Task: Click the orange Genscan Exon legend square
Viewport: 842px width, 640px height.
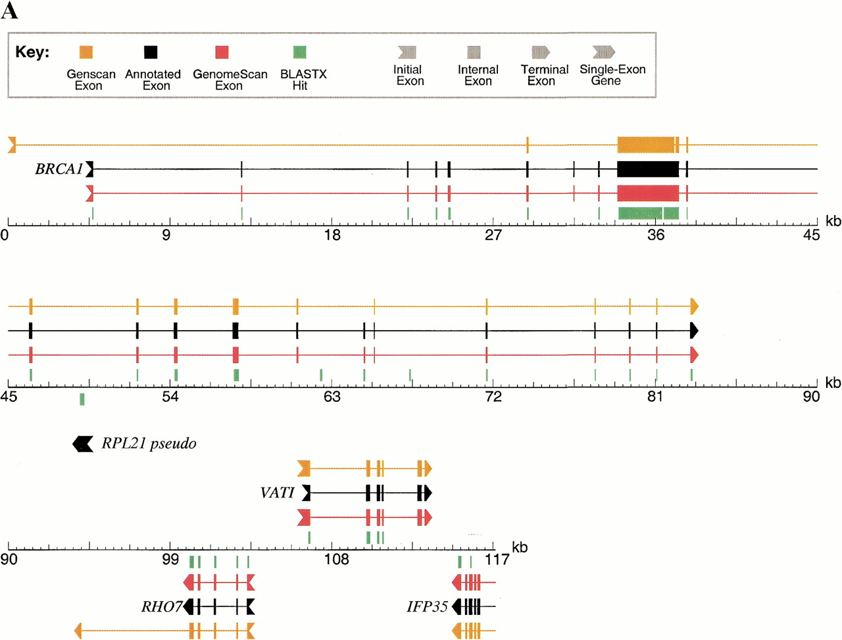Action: (86, 53)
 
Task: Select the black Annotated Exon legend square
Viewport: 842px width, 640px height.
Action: (151, 53)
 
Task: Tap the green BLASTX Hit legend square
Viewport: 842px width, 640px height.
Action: (299, 53)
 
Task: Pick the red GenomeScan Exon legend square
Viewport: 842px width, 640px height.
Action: (222, 53)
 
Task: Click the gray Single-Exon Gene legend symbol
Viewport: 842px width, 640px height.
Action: (603, 52)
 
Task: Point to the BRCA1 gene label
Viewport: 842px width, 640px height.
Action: (59, 169)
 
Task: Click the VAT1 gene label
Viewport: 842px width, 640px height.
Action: (277, 493)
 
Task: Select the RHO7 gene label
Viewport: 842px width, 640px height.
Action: (161, 606)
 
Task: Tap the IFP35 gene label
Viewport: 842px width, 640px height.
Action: (427, 606)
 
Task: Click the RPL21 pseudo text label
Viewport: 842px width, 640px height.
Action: (149, 444)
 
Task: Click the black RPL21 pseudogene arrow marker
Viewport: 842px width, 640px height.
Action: (83, 444)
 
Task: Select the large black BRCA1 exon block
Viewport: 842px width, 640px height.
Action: (648, 169)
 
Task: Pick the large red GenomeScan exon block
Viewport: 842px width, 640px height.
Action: (648, 193)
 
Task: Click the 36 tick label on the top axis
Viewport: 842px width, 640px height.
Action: (655, 235)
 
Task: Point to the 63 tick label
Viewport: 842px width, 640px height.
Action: (332, 397)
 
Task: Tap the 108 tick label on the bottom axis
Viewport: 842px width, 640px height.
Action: (337, 560)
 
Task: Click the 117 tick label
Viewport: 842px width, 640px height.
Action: (497, 560)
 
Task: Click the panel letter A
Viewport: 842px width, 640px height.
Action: (9, 11)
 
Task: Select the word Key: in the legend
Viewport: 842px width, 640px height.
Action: (32, 53)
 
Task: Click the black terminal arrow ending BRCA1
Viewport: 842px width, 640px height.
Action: (694, 330)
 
